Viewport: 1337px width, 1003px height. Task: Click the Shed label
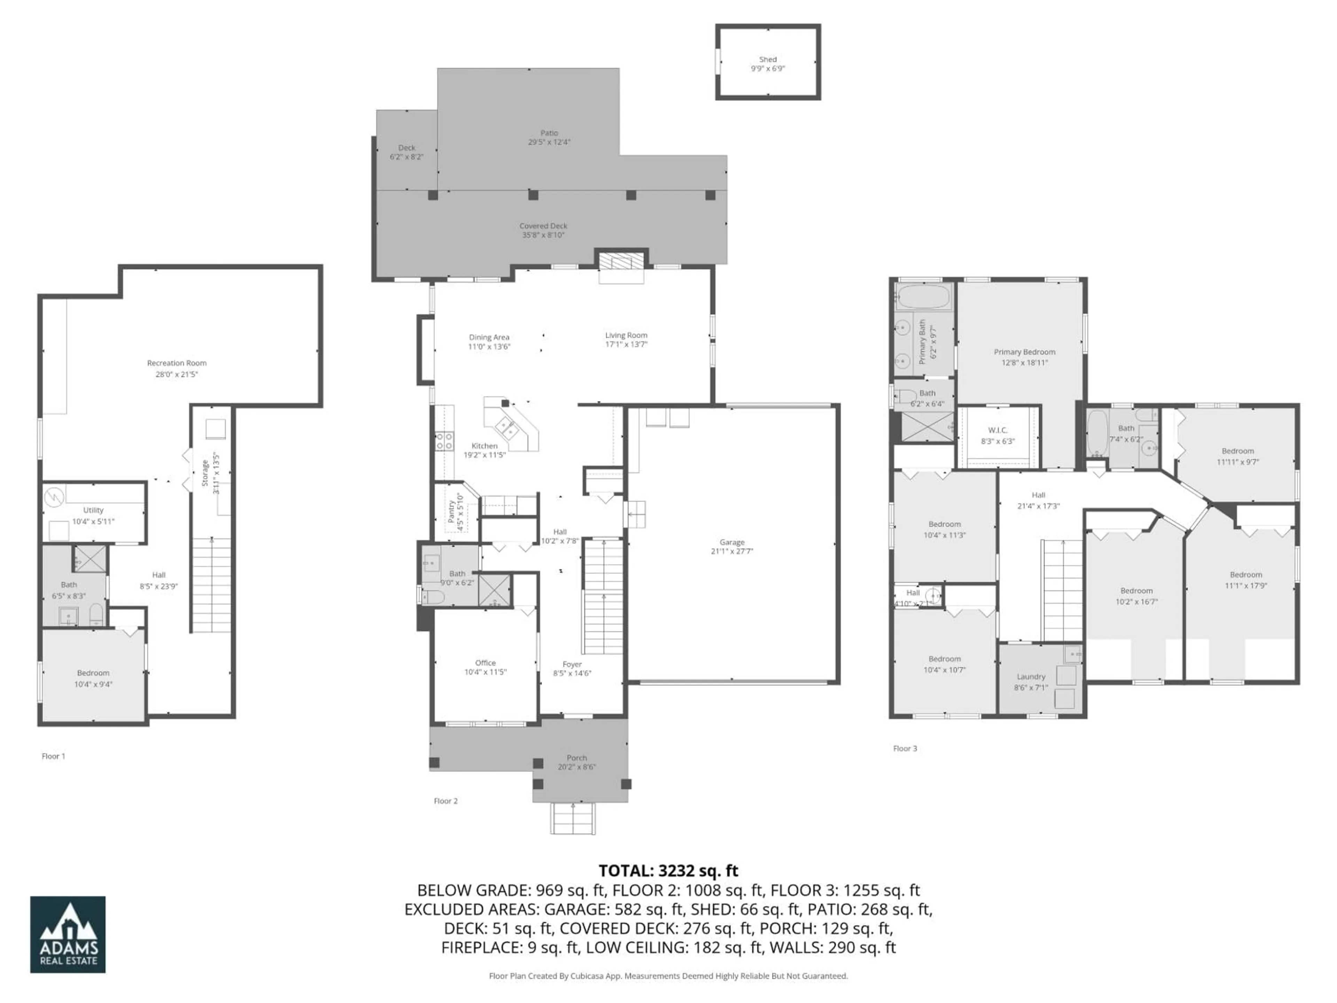(x=768, y=59)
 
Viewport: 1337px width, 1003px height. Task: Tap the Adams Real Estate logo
(x=68, y=934)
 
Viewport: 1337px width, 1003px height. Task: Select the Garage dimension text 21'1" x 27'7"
(x=732, y=551)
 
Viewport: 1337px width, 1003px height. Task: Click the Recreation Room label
(x=177, y=363)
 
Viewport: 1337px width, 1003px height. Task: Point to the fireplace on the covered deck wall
(x=621, y=261)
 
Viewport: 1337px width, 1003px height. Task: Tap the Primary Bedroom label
(x=1024, y=352)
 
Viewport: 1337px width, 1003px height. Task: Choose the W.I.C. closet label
(x=997, y=430)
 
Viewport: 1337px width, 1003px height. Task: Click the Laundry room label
(x=1031, y=677)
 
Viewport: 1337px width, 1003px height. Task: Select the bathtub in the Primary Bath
(x=923, y=297)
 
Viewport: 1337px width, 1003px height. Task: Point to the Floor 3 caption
(x=905, y=748)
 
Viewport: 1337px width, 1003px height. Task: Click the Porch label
(x=577, y=757)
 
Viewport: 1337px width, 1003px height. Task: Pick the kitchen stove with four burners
(x=444, y=441)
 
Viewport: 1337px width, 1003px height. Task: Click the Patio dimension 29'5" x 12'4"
(x=549, y=142)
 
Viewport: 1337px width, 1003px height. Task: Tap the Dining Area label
(x=489, y=337)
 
